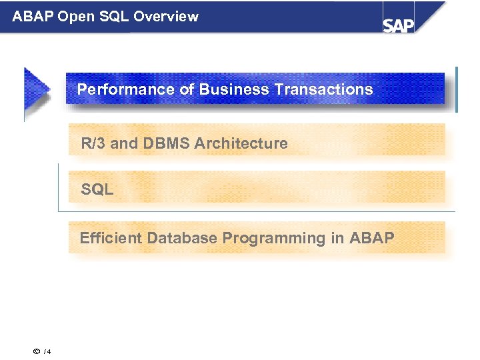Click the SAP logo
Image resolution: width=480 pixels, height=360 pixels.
399,24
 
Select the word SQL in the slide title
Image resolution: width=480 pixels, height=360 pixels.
115,16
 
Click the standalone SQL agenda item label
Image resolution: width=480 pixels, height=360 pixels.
97,190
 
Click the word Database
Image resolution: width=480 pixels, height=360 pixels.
182,238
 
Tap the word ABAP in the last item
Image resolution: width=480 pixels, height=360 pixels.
372,238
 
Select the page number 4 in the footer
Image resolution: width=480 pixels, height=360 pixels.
49,352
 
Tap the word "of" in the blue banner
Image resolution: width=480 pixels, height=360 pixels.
187,89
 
